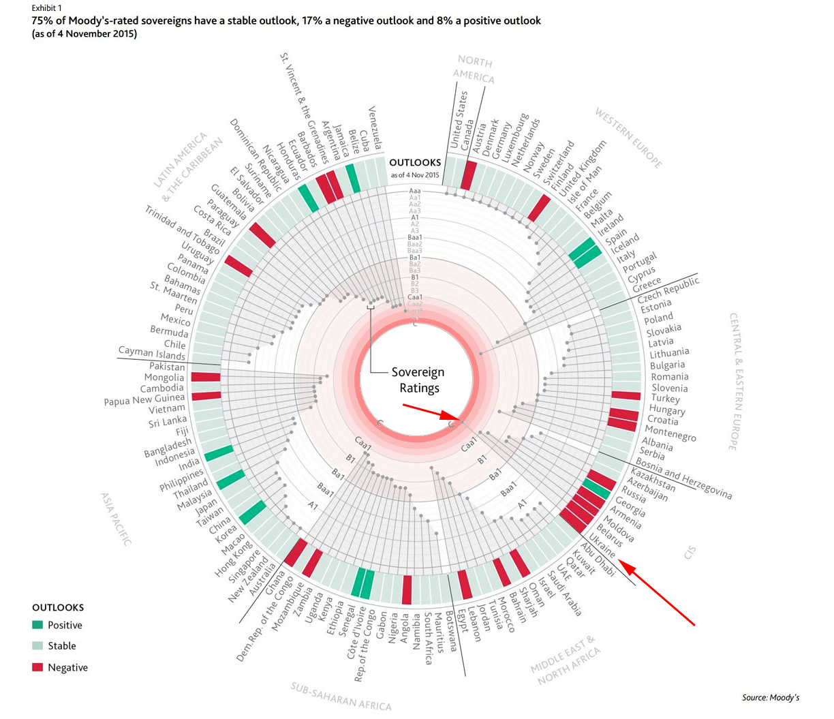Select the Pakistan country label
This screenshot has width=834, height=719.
[x=167, y=367]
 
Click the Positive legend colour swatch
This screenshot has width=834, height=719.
[x=37, y=625]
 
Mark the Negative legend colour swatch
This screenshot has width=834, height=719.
[x=37, y=667]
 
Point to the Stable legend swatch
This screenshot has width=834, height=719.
[x=37, y=645]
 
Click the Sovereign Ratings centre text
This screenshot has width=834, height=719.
[x=418, y=380]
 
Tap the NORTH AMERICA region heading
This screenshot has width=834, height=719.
[x=474, y=69]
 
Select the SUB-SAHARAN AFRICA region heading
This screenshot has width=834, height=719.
[x=341, y=696]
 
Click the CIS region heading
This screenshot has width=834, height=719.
[x=690, y=552]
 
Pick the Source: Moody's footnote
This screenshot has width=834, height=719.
[x=771, y=697]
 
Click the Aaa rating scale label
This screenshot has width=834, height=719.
[x=414, y=191]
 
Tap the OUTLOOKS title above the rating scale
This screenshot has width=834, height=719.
[x=415, y=163]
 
